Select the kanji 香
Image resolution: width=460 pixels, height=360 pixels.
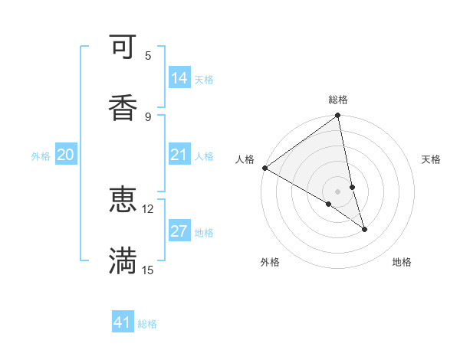123,107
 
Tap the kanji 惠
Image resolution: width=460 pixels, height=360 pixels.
123,201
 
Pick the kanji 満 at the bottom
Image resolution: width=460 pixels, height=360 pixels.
123,260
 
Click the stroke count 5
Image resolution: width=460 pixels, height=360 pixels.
148,56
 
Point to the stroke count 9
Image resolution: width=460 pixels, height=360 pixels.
148,116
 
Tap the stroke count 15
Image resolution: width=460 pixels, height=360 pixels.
148,269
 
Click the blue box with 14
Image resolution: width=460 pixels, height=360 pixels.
179,77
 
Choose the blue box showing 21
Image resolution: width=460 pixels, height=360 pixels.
179,155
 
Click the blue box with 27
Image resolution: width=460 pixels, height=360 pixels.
179,231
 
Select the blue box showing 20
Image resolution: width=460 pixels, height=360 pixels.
66,155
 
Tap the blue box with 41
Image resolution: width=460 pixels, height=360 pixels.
123,322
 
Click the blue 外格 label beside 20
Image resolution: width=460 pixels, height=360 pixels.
41,156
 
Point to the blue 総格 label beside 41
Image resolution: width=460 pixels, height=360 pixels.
147,324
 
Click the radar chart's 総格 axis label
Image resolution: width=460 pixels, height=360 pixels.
338,100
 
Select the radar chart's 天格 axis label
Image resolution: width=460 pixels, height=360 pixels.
431,159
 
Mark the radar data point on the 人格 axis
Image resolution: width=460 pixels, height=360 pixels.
264,168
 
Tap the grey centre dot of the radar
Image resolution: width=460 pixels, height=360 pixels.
338,191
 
